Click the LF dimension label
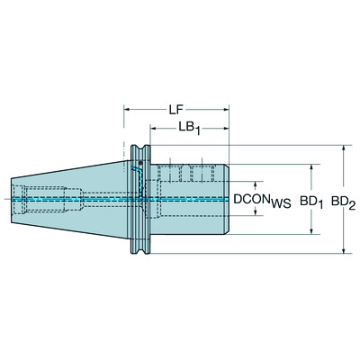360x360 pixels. [x=178, y=110]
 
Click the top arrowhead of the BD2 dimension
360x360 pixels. [x=344, y=148]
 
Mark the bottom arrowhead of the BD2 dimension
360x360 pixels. [x=344, y=251]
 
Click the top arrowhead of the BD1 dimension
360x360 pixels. [x=311, y=167]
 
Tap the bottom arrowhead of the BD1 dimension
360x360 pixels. [x=311, y=232]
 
